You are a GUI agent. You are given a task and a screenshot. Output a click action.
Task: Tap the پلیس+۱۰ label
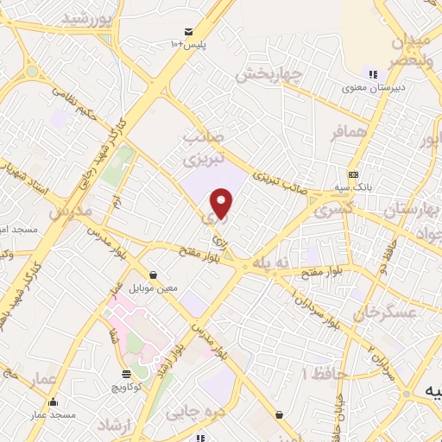(x=187, y=44)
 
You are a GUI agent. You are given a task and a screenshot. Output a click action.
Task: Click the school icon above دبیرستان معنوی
(x=374, y=74)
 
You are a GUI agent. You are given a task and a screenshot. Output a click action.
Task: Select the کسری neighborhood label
(x=331, y=211)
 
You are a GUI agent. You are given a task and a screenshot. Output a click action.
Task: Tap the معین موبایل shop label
(x=154, y=287)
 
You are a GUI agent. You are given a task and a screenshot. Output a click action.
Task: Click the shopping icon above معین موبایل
(x=154, y=275)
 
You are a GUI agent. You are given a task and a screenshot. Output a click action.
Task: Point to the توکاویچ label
(x=127, y=386)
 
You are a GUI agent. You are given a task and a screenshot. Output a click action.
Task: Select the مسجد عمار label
(x=54, y=415)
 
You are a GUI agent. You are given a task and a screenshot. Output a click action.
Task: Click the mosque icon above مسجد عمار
(x=54, y=401)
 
